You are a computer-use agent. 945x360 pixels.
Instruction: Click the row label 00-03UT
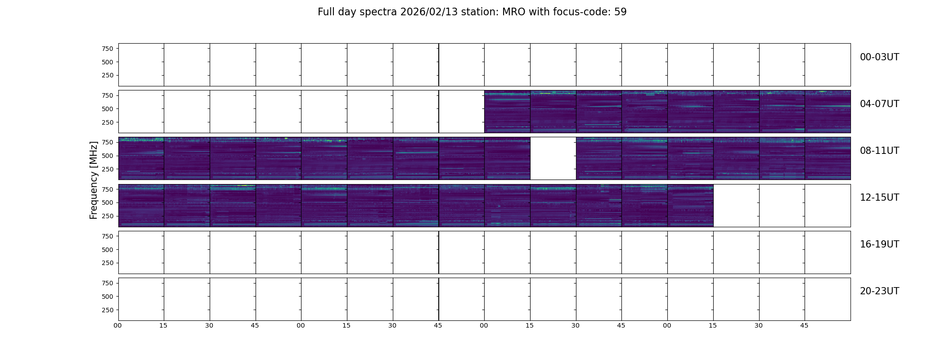pos(879,57)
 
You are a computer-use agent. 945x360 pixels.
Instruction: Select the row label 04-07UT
pos(879,104)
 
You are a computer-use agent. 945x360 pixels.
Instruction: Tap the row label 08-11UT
pos(879,151)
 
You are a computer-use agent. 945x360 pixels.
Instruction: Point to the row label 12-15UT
pos(879,198)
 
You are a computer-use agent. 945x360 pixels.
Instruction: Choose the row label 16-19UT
pos(879,244)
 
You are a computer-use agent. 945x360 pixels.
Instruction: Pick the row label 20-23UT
pos(879,291)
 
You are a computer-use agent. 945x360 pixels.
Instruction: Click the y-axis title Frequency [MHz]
pos(94,180)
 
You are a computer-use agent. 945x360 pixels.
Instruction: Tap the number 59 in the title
pos(621,12)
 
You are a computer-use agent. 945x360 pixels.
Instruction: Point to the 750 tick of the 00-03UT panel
pos(108,49)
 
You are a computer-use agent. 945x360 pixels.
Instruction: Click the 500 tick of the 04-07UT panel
pos(108,109)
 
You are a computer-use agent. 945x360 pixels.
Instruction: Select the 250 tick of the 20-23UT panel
pos(108,310)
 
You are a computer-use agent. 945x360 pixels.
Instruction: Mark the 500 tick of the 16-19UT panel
pos(108,250)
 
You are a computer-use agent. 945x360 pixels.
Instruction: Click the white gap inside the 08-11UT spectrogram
pos(553,158)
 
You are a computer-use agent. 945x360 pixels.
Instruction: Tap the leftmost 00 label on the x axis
pos(117,325)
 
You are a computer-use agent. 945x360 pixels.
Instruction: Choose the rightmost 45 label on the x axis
pos(804,325)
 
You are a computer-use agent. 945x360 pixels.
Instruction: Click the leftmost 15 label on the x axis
pos(163,325)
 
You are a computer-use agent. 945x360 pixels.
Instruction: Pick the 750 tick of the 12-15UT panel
pos(108,189)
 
